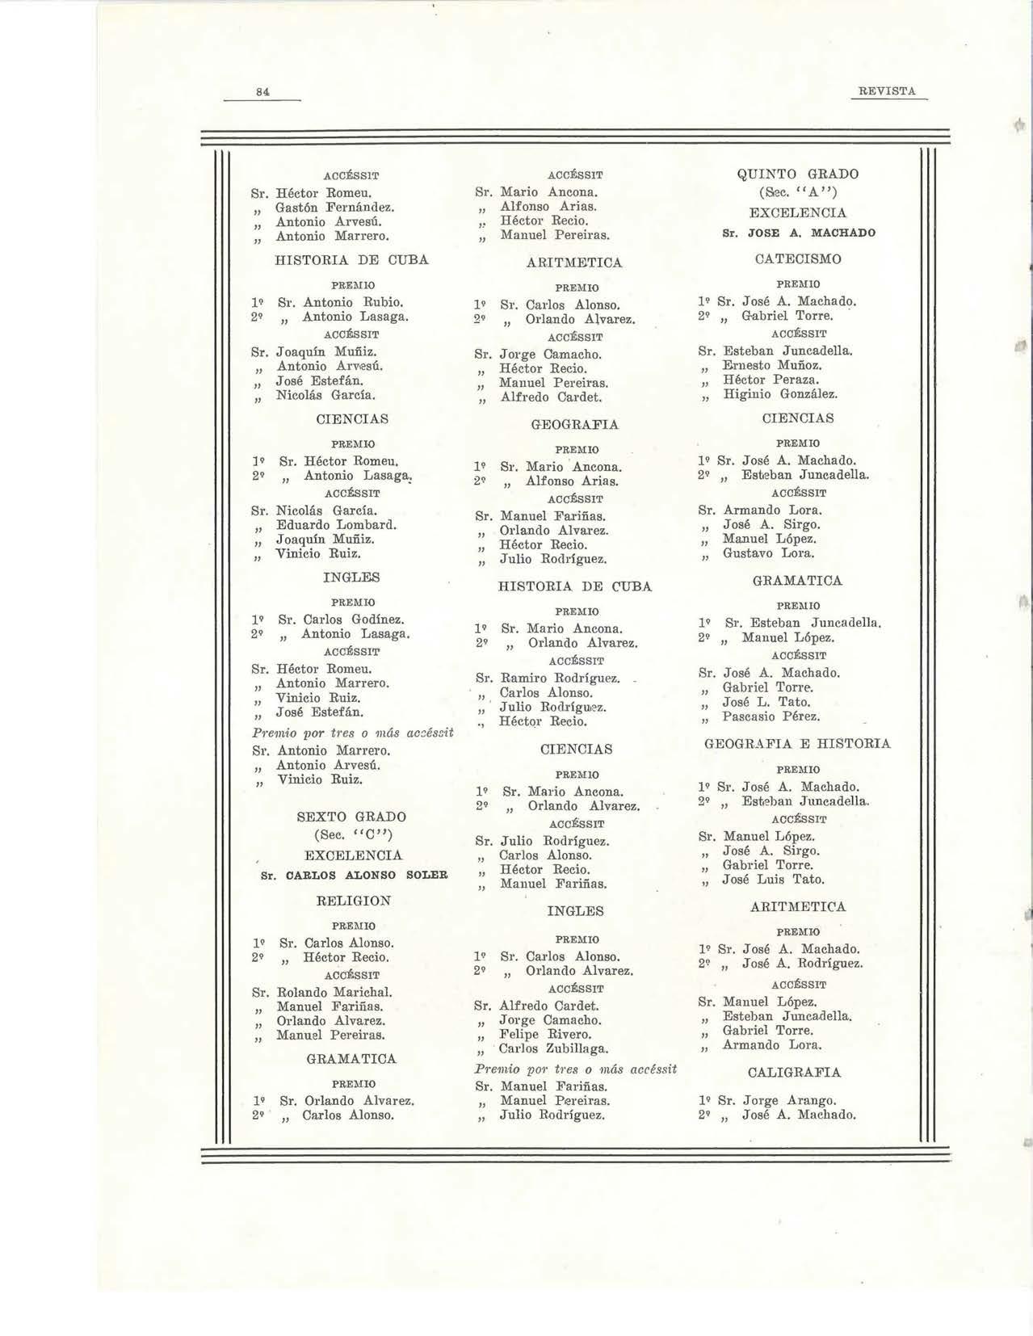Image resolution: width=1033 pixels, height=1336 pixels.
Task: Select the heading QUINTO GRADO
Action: coord(798,174)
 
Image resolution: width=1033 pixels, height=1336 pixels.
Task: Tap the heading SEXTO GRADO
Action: coord(351,817)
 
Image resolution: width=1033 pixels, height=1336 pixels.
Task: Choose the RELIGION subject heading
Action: coord(351,901)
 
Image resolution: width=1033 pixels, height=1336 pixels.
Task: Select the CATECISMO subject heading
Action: coord(798,259)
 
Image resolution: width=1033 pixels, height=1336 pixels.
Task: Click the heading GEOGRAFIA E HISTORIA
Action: coord(798,743)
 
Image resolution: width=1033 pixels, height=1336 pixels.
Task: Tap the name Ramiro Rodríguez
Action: coord(560,679)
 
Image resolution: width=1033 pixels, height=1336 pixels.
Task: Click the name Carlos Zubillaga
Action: coord(553,1049)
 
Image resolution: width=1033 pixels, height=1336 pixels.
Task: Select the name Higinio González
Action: coord(780,394)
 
